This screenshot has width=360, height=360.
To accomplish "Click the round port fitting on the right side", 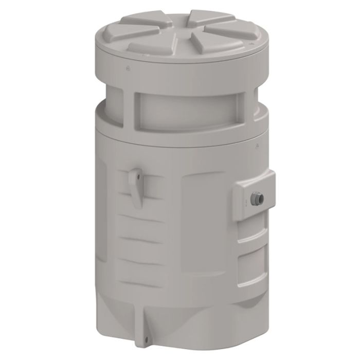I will click(256, 196).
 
